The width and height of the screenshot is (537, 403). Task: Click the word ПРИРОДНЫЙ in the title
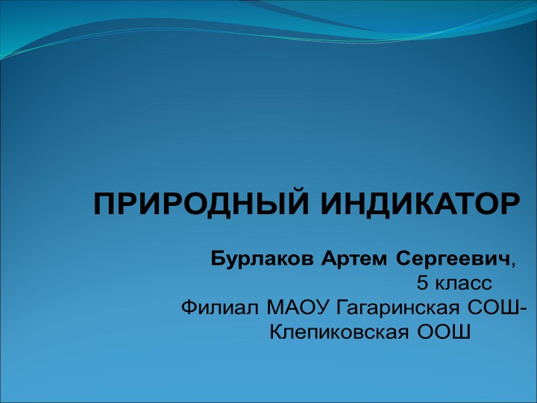tap(191, 203)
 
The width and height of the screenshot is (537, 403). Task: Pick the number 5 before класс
tap(421, 284)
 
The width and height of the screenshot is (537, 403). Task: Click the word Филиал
tap(220, 307)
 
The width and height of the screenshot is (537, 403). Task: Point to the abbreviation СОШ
tap(492, 307)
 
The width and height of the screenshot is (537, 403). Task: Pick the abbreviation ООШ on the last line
tap(443, 331)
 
